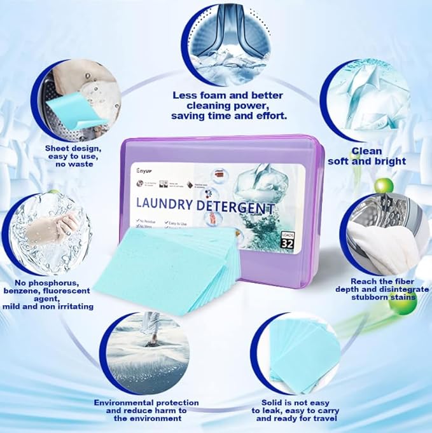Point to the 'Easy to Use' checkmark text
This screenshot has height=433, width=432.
click(x=178, y=224)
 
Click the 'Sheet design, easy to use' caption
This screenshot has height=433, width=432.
click(x=69, y=155)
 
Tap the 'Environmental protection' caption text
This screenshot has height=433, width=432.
click(x=146, y=410)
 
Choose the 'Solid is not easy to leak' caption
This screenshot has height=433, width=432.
click(x=289, y=410)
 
